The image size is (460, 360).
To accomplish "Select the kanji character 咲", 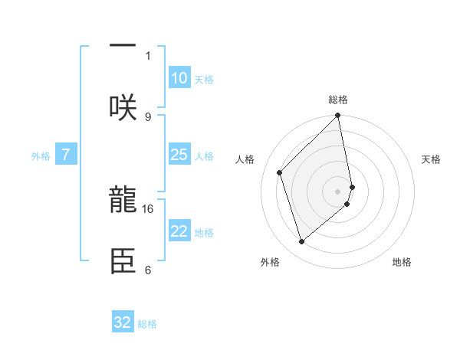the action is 123,107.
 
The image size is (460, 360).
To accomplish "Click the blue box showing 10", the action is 179,78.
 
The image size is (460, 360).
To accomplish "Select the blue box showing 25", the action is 179,155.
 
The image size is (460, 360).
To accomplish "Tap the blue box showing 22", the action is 179,231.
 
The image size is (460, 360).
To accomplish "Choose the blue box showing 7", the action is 66,155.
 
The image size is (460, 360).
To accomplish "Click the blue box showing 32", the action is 123,322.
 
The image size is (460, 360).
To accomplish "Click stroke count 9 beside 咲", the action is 148,116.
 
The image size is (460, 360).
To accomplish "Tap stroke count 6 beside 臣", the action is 148,270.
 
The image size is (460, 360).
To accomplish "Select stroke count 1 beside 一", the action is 148,55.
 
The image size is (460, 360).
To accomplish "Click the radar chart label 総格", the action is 338,100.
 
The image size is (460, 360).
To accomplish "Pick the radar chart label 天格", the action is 431,159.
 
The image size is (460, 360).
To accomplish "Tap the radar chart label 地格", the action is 402,262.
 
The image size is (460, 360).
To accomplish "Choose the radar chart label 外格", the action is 270,262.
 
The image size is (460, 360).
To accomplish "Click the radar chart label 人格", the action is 245,159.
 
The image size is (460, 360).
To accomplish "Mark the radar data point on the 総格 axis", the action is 338,116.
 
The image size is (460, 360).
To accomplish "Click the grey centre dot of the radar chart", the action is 338,191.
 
